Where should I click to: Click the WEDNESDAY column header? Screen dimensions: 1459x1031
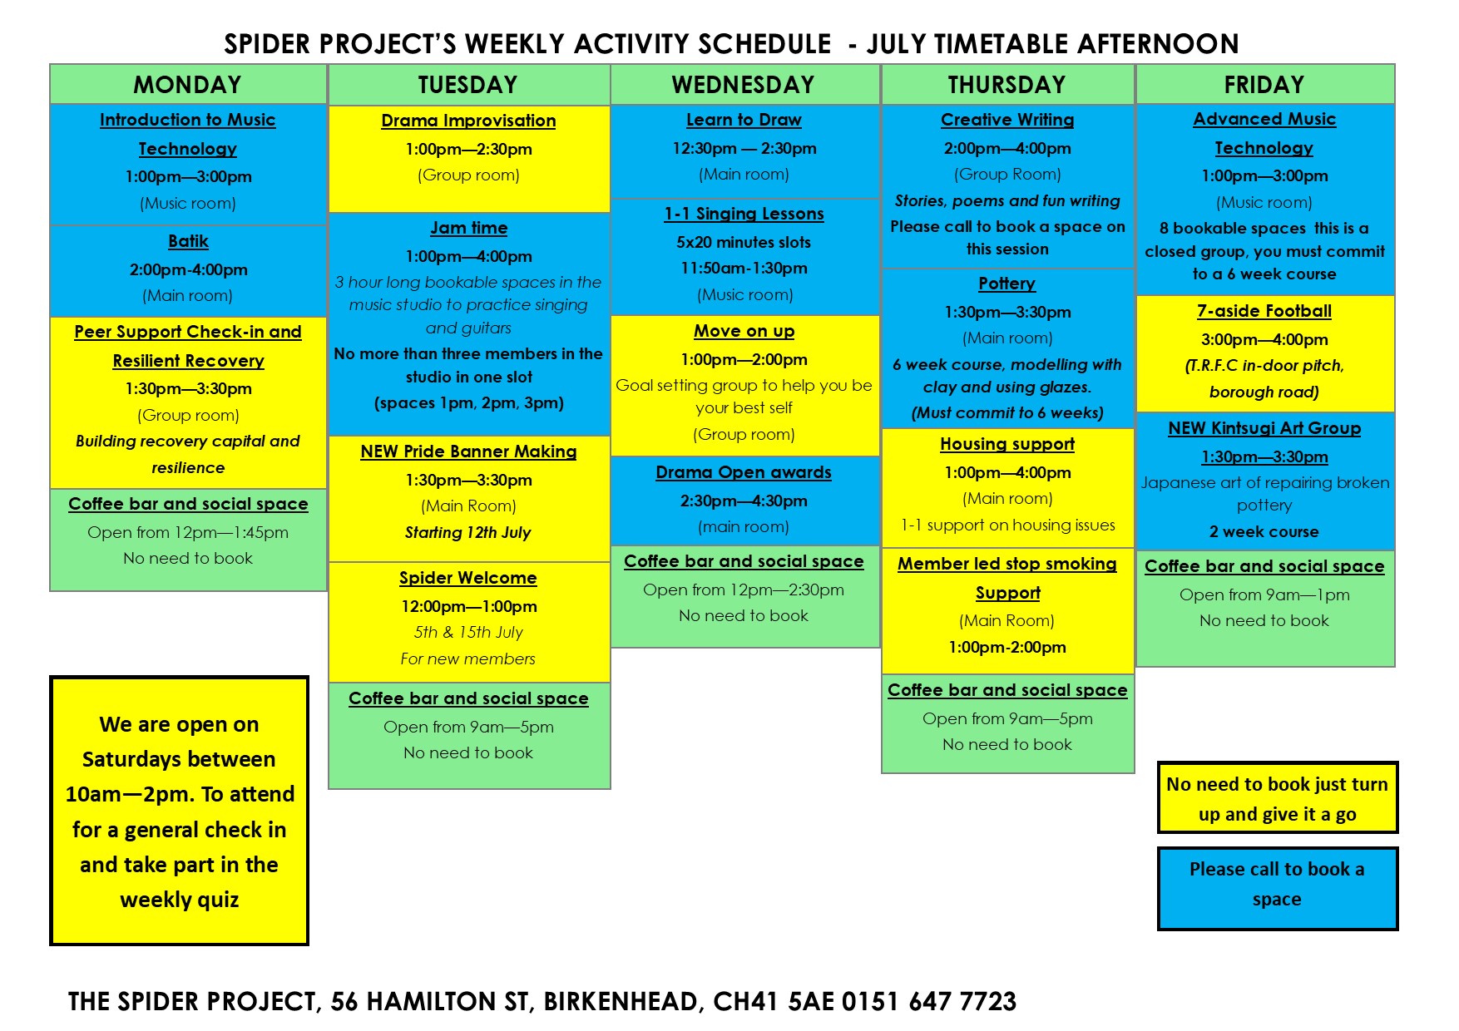point(743,85)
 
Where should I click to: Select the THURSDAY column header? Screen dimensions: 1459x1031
point(1006,85)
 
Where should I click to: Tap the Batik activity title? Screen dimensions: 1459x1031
point(188,241)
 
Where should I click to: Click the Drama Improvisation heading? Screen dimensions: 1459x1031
point(468,121)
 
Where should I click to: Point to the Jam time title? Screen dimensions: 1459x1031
point(468,228)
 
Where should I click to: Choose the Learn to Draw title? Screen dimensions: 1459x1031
point(744,120)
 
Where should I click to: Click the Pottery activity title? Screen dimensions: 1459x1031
point(1006,284)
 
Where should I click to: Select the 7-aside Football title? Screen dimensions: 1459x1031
point(1264,311)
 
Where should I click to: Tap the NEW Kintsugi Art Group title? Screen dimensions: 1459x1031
point(1264,428)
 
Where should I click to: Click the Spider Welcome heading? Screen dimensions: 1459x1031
point(467,578)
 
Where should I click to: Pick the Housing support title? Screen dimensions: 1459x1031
point(1006,444)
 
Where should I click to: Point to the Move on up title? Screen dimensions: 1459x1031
point(744,331)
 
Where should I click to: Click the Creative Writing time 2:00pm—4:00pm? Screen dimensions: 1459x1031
point(1006,148)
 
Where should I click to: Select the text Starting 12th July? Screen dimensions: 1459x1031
point(467,532)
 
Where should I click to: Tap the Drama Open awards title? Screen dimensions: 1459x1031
point(743,472)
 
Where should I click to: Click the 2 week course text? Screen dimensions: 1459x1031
point(1264,531)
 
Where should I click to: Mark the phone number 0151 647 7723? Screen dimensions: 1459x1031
point(929,1001)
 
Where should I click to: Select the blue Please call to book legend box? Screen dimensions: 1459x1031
point(1277,888)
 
